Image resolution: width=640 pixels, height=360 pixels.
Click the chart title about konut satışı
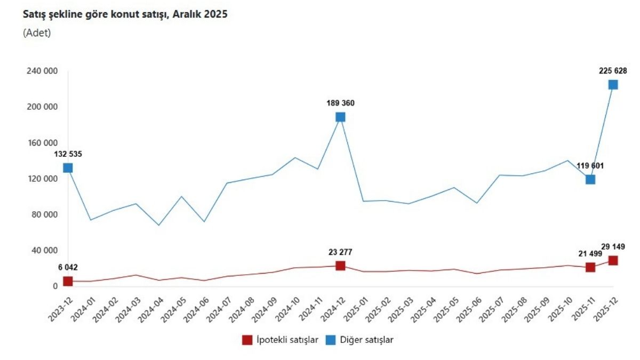pyautogui.click(x=125, y=14)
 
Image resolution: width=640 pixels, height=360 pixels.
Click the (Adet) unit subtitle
pyautogui.click(x=37, y=33)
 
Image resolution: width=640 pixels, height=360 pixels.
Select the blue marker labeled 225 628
pyautogui.click(x=613, y=85)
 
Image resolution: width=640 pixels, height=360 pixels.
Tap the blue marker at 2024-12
pyautogui.click(x=340, y=117)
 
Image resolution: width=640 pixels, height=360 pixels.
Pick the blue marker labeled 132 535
pyautogui.click(x=68, y=168)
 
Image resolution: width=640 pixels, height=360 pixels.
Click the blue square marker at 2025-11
pyautogui.click(x=590, y=179)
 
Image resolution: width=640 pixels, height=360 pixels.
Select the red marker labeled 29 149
pyautogui.click(x=613, y=260)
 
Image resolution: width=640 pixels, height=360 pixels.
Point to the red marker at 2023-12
pyautogui.click(x=68, y=281)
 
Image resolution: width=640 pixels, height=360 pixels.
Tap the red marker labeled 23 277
pyautogui.click(x=340, y=266)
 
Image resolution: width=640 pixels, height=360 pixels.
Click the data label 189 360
pyautogui.click(x=340, y=103)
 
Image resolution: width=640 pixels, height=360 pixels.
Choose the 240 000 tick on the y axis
pyautogui.click(x=41, y=71)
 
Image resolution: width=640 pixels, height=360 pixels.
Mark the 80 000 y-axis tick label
pyautogui.click(x=43, y=214)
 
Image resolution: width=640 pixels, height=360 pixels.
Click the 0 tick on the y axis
pyautogui.click(x=54, y=286)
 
